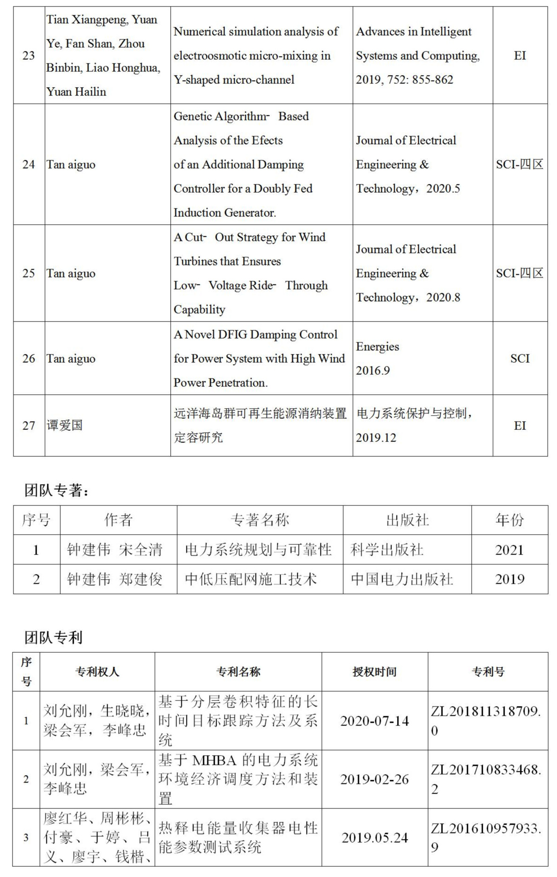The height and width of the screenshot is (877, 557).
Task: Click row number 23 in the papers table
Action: point(29,56)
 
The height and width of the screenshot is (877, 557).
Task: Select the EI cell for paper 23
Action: point(520,56)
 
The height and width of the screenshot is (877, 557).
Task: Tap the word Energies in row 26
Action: point(377,347)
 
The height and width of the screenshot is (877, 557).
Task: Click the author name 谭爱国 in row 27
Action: point(65,425)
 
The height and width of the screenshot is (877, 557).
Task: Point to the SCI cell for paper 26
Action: point(520,359)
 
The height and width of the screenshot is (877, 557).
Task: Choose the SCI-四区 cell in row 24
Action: point(519,164)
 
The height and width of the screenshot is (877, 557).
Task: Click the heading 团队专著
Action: point(56,491)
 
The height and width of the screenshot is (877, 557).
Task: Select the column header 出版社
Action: point(407,520)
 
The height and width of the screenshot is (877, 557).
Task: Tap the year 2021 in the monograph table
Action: point(509,550)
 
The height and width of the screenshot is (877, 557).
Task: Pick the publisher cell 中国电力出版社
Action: point(402,579)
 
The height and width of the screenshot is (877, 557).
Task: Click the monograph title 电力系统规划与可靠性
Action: point(258,550)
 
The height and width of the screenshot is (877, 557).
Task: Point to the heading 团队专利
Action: point(53,637)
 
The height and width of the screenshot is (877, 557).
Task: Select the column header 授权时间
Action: point(374,672)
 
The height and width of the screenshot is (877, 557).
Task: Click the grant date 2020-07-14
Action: point(374,721)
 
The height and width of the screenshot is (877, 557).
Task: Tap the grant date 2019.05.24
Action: point(375,838)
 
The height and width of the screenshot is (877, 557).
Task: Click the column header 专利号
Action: point(488,672)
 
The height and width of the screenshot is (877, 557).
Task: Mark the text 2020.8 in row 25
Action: point(443,297)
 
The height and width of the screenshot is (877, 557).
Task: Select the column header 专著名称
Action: point(260,520)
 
